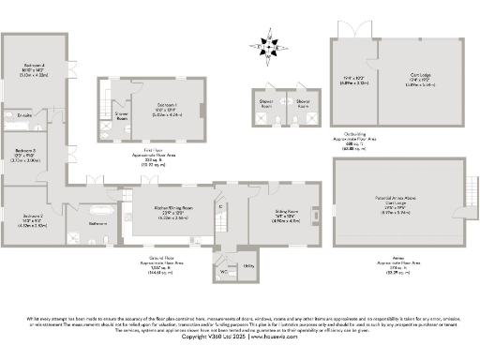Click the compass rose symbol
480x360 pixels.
coord(268,44)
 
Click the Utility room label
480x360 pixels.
coord(248,267)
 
